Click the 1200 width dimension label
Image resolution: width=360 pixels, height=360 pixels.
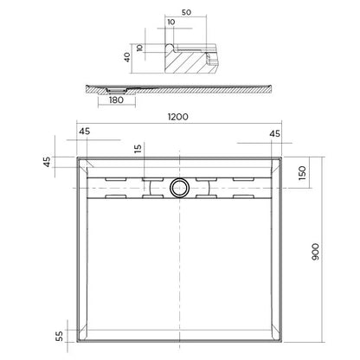pyautogui.click(x=178, y=117)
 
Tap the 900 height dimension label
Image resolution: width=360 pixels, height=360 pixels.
pyautogui.click(x=316, y=252)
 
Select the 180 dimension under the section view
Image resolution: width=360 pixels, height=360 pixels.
pyautogui.click(x=116, y=100)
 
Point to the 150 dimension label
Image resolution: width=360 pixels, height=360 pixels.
pyautogui.click(x=302, y=173)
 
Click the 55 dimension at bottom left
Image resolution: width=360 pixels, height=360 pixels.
pyautogui.click(x=59, y=337)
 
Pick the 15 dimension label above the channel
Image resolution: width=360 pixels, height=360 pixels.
pyautogui.click(x=138, y=149)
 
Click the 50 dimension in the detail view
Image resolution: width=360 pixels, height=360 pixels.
pyautogui.click(x=186, y=12)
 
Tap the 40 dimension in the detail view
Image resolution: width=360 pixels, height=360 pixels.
pyautogui.click(x=127, y=57)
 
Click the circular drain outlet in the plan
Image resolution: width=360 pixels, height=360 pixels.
pyautogui.click(x=179, y=188)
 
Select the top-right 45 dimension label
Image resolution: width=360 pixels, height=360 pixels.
pyautogui.click(x=274, y=133)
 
